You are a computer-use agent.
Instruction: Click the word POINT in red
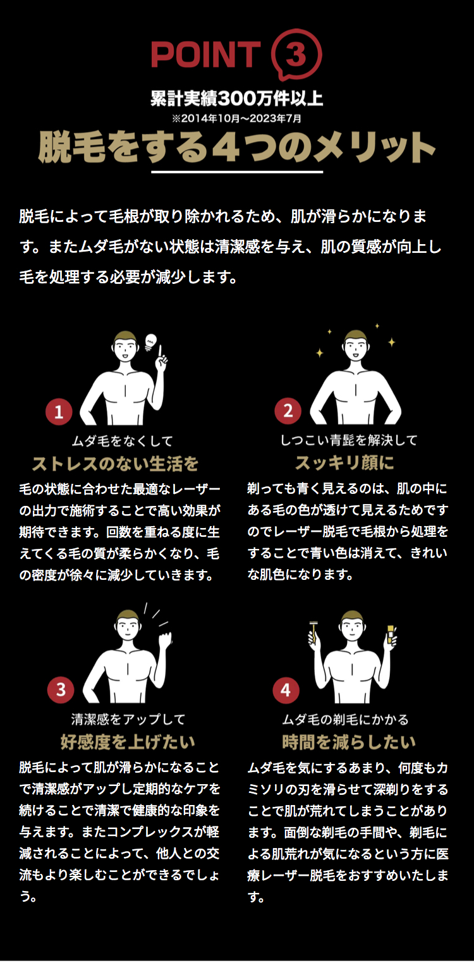pos(206,55)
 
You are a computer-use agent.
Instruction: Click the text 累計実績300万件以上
pos(237,98)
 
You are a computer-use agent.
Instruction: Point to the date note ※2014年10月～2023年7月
pos(237,118)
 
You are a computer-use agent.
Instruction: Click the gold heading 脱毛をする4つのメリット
pos(237,147)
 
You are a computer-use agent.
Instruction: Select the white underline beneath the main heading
pos(237,172)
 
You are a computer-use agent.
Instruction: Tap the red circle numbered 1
pos(59,412)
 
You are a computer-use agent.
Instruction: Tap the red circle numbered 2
pos(288,410)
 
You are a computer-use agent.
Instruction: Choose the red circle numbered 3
pos(61,689)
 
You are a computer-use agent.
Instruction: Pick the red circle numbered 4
pos(286,690)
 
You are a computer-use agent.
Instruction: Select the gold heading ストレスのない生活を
pos(116,464)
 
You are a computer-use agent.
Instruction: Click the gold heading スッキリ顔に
pos(344,463)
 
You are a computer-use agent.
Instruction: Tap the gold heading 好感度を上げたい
pos(128,742)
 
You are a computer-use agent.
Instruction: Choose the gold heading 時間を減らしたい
pos(349,742)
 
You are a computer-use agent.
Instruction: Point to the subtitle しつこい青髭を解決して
pos(349,440)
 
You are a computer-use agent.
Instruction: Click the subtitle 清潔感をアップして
pos(128,718)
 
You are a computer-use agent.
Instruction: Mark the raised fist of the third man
pos(165,639)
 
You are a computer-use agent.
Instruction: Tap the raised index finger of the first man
pos(161,351)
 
